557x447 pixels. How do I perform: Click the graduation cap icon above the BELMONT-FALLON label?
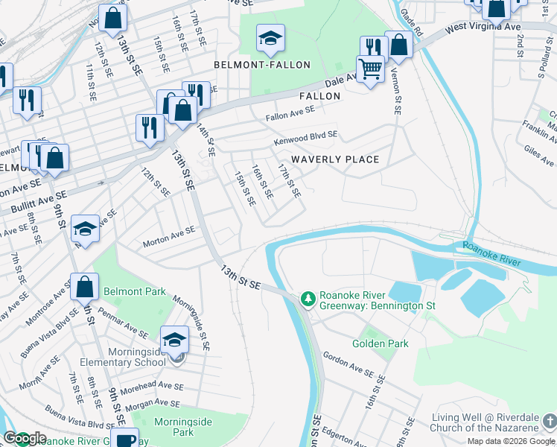[270, 37]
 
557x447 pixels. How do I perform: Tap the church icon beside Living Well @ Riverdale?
[550, 422]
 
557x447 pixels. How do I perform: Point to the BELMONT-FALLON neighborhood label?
[261, 65]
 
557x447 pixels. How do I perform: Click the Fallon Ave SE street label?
[290, 112]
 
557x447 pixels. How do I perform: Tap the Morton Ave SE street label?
[169, 236]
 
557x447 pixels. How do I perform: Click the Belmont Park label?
[135, 291]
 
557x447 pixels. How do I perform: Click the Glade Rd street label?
[412, 24]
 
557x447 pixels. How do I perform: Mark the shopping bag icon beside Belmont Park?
[85, 286]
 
